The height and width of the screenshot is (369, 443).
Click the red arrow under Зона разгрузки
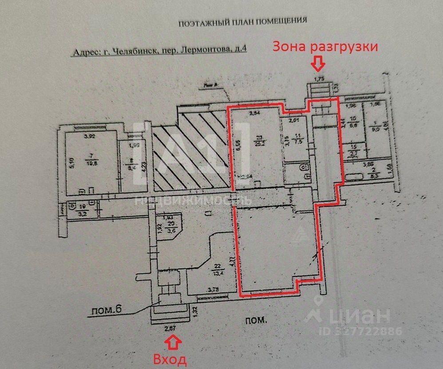coord(317,65)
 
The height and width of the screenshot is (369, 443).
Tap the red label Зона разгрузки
coord(325,47)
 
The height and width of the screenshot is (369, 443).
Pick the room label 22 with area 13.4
coord(218,268)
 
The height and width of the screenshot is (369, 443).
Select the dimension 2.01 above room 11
coord(295,120)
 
